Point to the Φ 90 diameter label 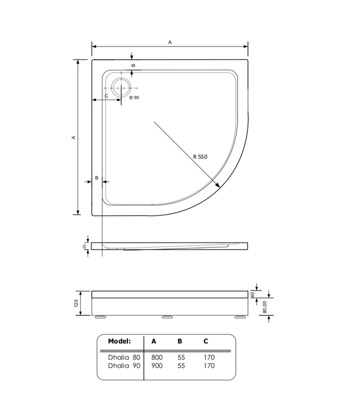tap(134, 98)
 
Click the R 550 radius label tap(200, 157)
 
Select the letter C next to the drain tap(106, 96)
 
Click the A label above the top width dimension tap(169, 43)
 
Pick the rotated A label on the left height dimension tap(74, 137)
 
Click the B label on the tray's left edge tap(96, 178)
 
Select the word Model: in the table tap(119, 341)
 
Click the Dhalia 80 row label tap(124, 357)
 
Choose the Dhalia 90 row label tap(124, 365)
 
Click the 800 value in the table tap(157, 357)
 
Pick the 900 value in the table tap(157, 365)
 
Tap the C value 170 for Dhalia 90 tap(209, 365)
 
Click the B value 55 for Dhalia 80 tap(181, 357)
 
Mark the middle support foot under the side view tap(167, 318)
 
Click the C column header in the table tap(207, 341)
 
